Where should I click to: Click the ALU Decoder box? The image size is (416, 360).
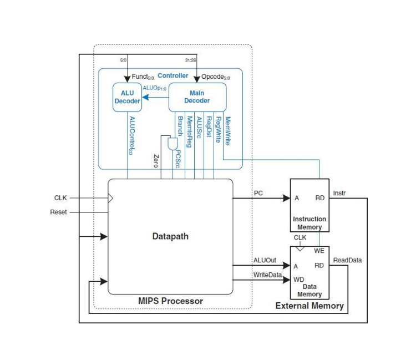pyautogui.click(x=126, y=97)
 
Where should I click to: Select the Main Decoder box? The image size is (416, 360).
pyautogui.click(x=197, y=97)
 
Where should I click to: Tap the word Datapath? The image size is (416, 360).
pyautogui.click(x=170, y=236)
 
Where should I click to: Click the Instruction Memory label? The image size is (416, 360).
pyautogui.click(x=310, y=223)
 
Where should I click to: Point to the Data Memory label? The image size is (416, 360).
pyautogui.click(x=310, y=290)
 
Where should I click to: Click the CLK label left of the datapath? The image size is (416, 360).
pyautogui.click(x=60, y=197)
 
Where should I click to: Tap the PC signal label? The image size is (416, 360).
pyautogui.click(x=258, y=192)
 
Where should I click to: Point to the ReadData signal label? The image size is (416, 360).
pyautogui.click(x=347, y=260)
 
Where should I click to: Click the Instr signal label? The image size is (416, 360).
pyautogui.click(x=339, y=192)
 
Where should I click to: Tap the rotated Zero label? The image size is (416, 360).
pyautogui.click(x=156, y=161)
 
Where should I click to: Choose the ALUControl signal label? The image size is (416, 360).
pyautogui.click(x=131, y=136)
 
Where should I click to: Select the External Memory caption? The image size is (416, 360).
pyautogui.click(x=310, y=306)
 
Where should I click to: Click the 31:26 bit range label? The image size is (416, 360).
pyautogui.click(x=190, y=60)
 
